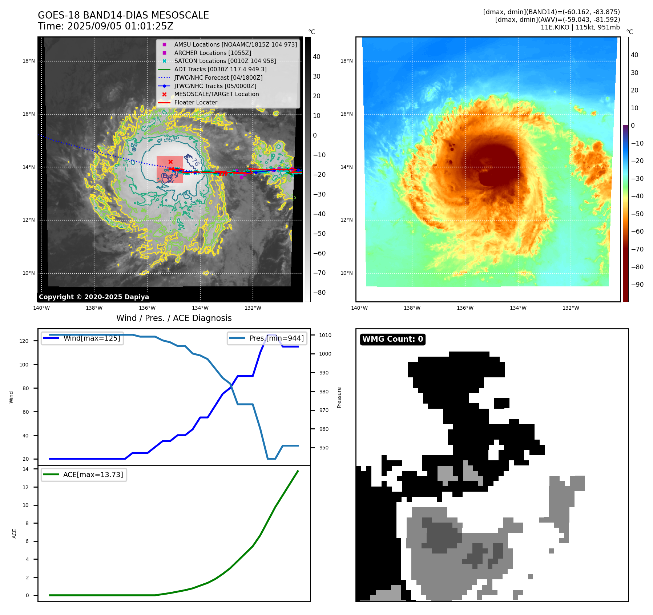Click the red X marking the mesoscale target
(x=170, y=162)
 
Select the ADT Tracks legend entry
(x=220, y=69)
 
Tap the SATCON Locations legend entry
(x=225, y=61)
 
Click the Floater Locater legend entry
(x=196, y=103)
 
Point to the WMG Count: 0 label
(x=392, y=339)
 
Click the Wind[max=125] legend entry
(x=92, y=338)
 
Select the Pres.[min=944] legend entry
(x=276, y=338)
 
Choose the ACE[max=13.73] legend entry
(x=93, y=475)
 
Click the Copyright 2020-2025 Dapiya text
(x=94, y=297)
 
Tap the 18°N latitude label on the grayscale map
(x=29, y=61)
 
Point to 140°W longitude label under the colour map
(x=359, y=308)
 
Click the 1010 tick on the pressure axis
(x=325, y=335)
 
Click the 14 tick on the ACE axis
(x=25, y=469)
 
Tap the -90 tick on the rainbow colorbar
(x=637, y=285)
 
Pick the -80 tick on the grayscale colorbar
(x=319, y=293)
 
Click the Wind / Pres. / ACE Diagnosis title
(x=174, y=318)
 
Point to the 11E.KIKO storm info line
(x=580, y=27)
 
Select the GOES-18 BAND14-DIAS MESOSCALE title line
(x=123, y=15)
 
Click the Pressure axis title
(x=339, y=397)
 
